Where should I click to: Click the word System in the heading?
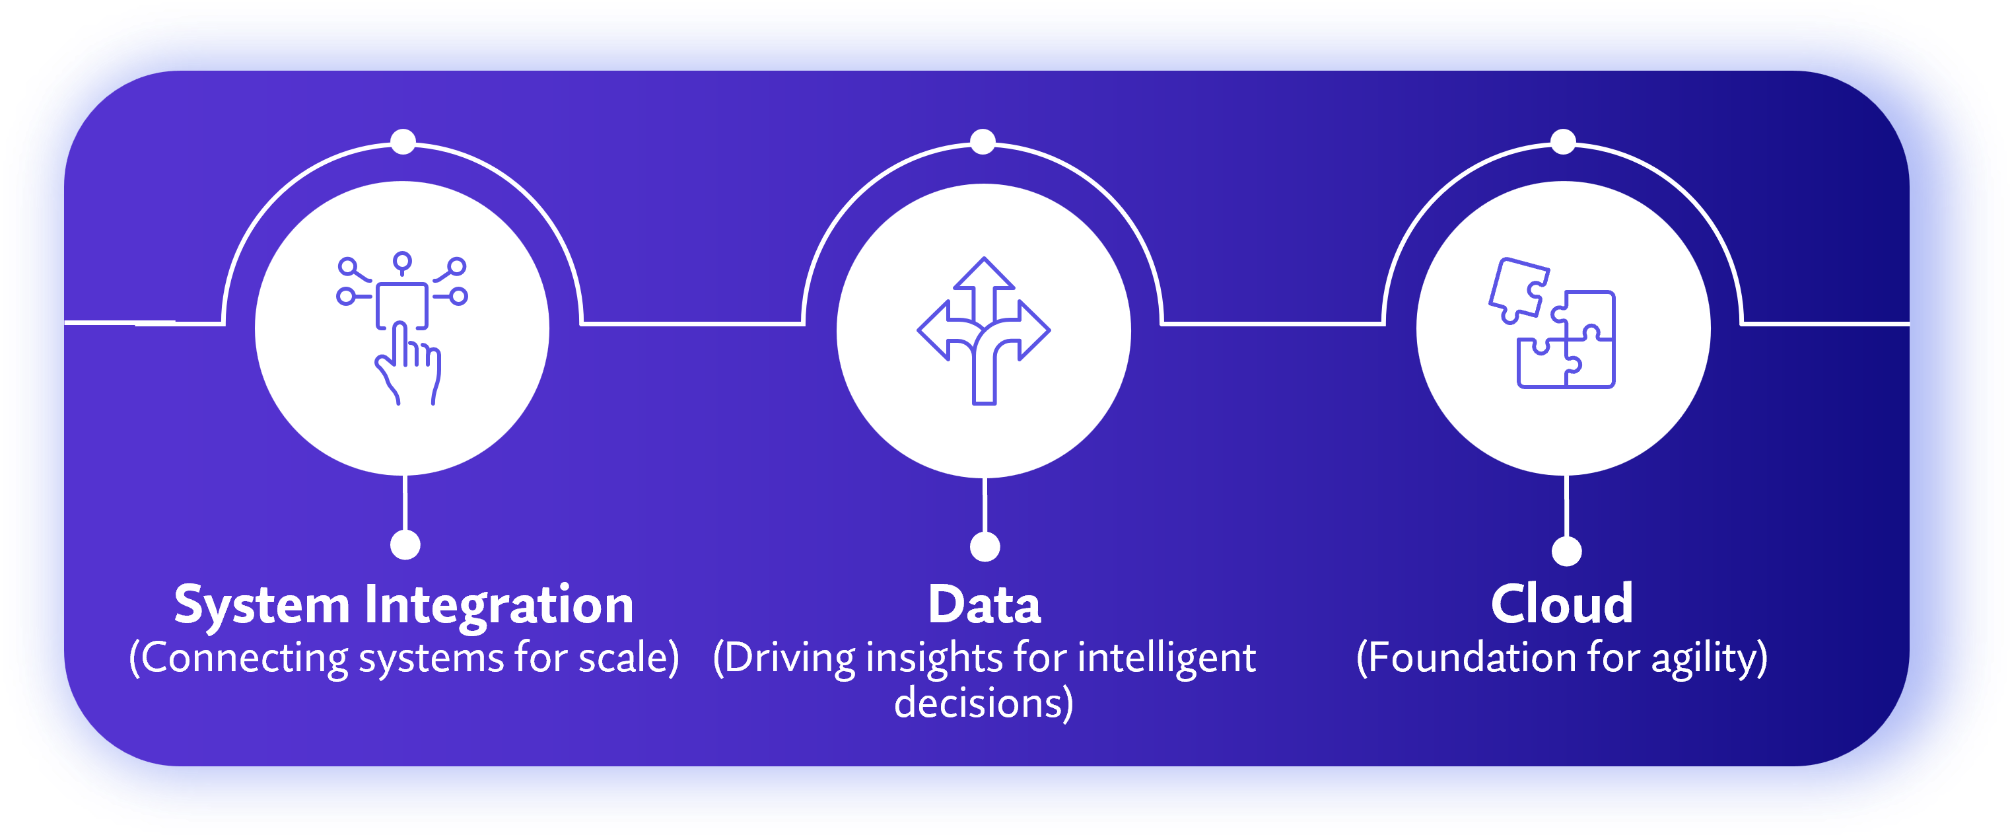[261, 605]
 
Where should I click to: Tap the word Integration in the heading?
[499, 605]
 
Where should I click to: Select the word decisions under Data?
[983, 703]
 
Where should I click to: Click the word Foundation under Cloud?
[1467, 657]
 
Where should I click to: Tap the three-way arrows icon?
[983, 331]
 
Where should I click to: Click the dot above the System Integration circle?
[403, 141]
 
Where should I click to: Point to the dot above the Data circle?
[983, 141]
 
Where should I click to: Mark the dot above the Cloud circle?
[1563, 141]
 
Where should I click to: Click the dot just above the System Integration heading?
[405, 544]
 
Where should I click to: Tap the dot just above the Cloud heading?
[1567, 550]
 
